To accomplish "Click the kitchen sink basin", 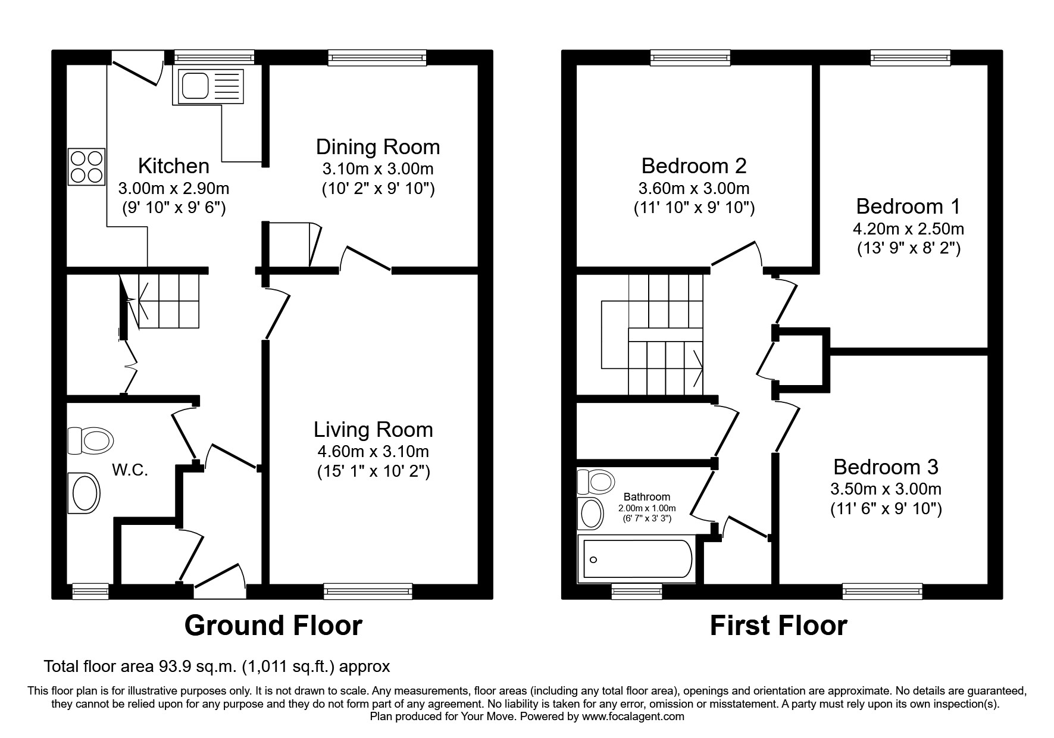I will [x=195, y=86].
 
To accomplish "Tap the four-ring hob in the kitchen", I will [x=86, y=167].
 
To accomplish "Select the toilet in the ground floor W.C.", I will [x=90, y=441].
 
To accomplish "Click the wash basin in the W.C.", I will [x=84, y=493].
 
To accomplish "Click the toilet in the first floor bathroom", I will [x=596, y=481].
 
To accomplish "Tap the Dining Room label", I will [x=377, y=147].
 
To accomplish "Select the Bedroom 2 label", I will [x=693, y=165].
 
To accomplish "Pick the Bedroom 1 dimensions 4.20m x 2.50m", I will [x=908, y=229].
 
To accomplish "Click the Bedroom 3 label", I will [x=886, y=467].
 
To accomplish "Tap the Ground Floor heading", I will [x=273, y=626].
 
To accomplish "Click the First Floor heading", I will [x=778, y=626].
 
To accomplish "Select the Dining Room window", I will [x=377, y=57].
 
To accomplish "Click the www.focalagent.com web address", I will [x=633, y=717].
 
